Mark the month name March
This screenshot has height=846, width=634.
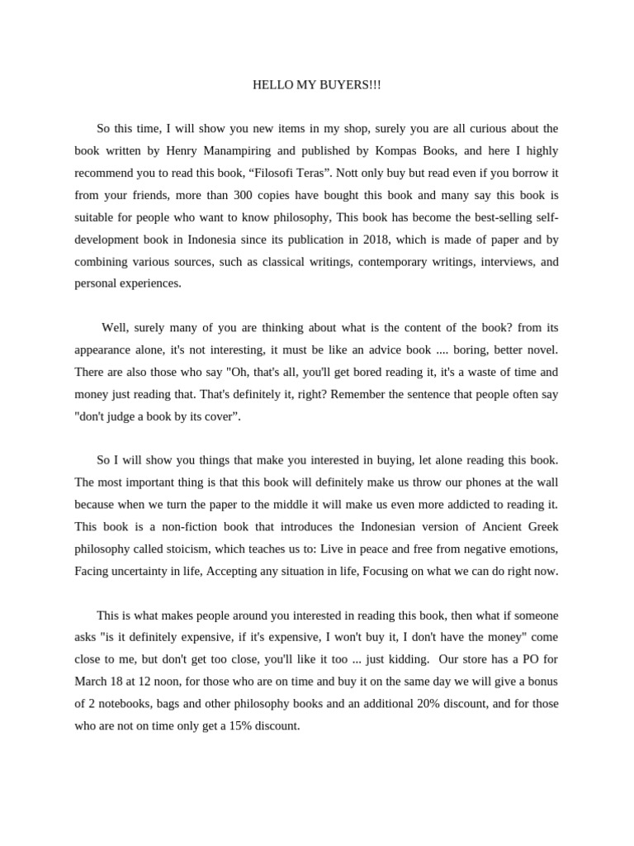point(92,682)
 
